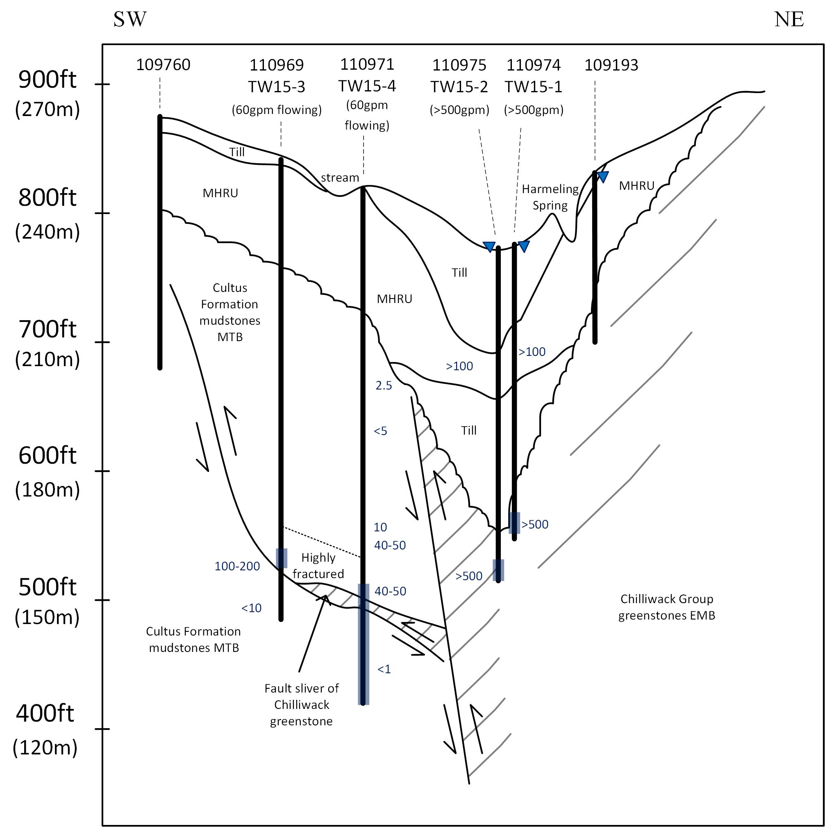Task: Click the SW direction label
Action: tap(130, 19)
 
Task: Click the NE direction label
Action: tap(789, 19)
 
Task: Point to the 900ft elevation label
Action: tap(47, 80)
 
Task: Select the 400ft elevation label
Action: tap(45, 713)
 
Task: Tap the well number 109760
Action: tap(163, 65)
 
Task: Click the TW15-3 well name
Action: tap(276, 87)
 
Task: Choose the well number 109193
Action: tap(611, 65)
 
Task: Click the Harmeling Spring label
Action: tap(550, 197)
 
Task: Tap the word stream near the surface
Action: tap(340, 178)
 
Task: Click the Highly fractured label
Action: tap(318, 565)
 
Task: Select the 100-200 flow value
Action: tap(237, 566)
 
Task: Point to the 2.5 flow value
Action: tap(384, 386)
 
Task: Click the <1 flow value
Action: tap(384, 669)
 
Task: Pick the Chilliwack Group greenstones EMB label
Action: tap(666, 607)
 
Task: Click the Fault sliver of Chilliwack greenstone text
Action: tap(301, 704)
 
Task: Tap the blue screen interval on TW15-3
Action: tap(281, 558)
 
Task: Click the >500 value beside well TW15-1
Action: tap(534, 524)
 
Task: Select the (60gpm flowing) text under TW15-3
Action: tap(276, 110)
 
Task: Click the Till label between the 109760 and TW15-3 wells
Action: tap(236, 152)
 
